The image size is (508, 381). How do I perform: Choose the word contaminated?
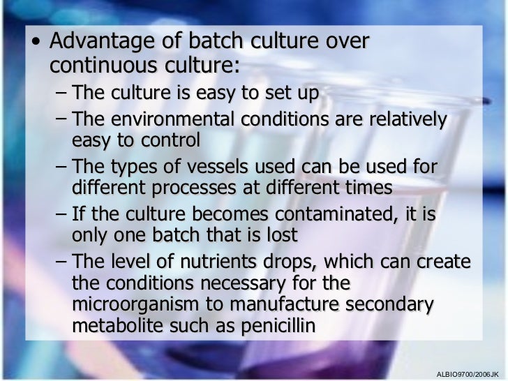(333, 214)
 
